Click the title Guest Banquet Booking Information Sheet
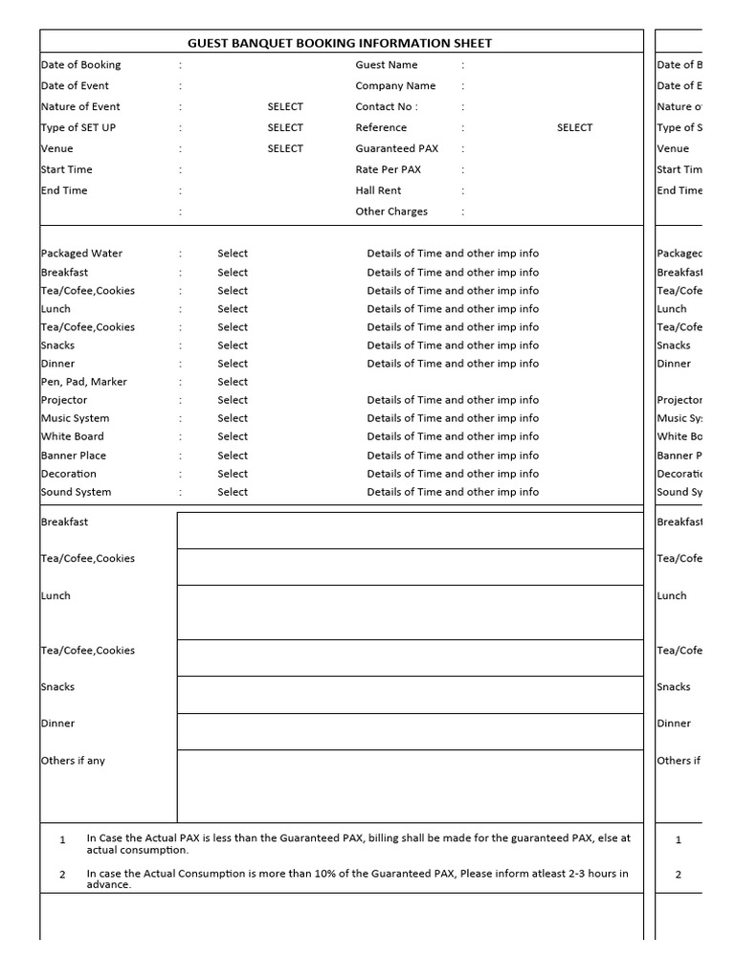pyautogui.click(x=341, y=43)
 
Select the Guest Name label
pyautogui.click(x=387, y=65)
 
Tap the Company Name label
pyautogui.click(x=395, y=86)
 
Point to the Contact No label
pyautogui.click(x=387, y=107)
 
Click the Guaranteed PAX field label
pyautogui.click(x=397, y=149)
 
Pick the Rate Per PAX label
pyautogui.click(x=388, y=170)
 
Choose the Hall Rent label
pyautogui.click(x=378, y=191)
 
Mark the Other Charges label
pyautogui.click(x=391, y=212)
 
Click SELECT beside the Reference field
pyautogui.click(x=574, y=128)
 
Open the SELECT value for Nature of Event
pyautogui.click(x=285, y=107)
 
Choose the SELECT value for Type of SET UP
pyautogui.click(x=285, y=128)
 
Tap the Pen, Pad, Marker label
pyautogui.click(x=83, y=382)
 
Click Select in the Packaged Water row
pyautogui.click(x=233, y=254)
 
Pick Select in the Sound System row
pyautogui.click(x=233, y=492)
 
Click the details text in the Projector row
pyautogui.click(x=453, y=400)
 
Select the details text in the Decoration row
pyautogui.click(x=453, y=474)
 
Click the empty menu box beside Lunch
pyautogui.click(x=410, y=612)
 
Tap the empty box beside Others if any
pyautogui.click(x=410, y=786)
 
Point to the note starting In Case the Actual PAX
pyautogui.click(x=358, y=843)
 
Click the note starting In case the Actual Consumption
pyautogui.click(x=358, y=879)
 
